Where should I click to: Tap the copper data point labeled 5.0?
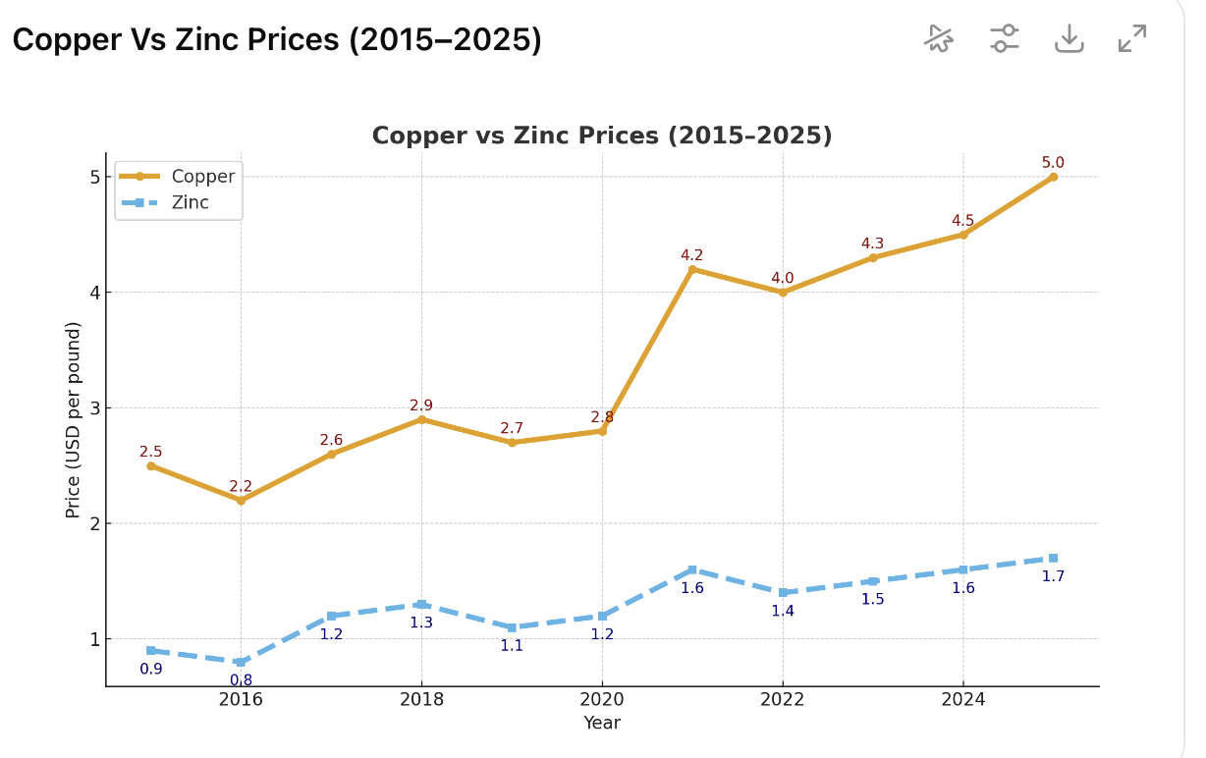(1053, 177)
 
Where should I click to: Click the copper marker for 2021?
(692, 269)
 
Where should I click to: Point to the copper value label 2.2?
(241, 486)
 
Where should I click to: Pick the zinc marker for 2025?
(1053, 558)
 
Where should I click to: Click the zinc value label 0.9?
(151, 669)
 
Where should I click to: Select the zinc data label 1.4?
(783, 611)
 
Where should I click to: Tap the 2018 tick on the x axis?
(421, 699)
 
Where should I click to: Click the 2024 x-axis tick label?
(962, 699)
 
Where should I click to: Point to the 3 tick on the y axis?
(95, 407)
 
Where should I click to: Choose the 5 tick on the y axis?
(95, 177)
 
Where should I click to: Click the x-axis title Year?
(602, 723)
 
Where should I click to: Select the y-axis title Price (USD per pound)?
(74, 419)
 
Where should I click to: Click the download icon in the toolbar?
(1069, 38)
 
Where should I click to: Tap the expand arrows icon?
(1132, 38)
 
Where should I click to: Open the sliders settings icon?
(1004, 38)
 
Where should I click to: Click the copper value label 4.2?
(692, 255)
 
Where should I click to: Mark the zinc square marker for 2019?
(512, 627)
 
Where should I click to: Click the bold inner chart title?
(602, 135)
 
